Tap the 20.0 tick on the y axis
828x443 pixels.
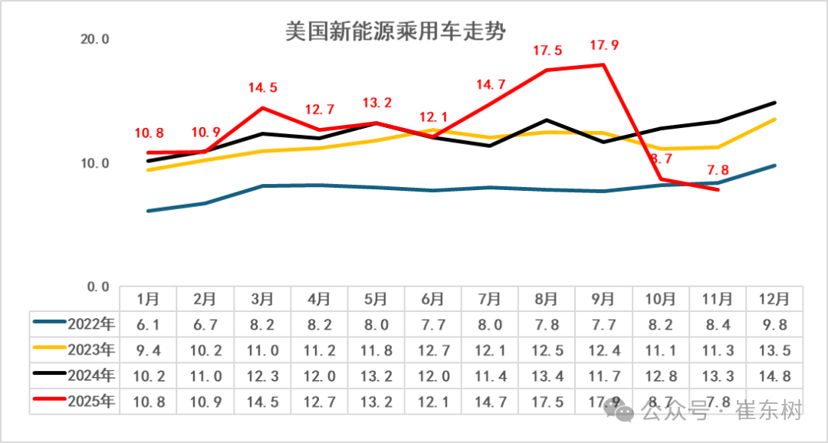tap(96, 40)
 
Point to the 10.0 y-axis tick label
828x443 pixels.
tap(96, 163)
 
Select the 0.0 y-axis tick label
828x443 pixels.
tap(99, 287)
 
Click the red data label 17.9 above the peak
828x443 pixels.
tap(603, 46)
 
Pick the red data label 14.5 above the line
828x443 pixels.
tap(262, 88)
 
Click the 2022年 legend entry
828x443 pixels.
tap(74, 323)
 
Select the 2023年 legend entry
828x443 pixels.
tap(74, 349)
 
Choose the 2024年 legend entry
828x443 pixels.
tap(74, 376)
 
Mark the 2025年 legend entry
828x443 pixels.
tap(74, 402)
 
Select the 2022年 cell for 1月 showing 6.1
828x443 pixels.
tap(148, 324)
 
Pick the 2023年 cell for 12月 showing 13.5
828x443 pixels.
tap(775, 350)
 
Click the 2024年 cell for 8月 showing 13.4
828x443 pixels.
tap(547, 376)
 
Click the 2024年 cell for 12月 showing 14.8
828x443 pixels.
tap(775, 376)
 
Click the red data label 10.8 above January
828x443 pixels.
tap(149, 133)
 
